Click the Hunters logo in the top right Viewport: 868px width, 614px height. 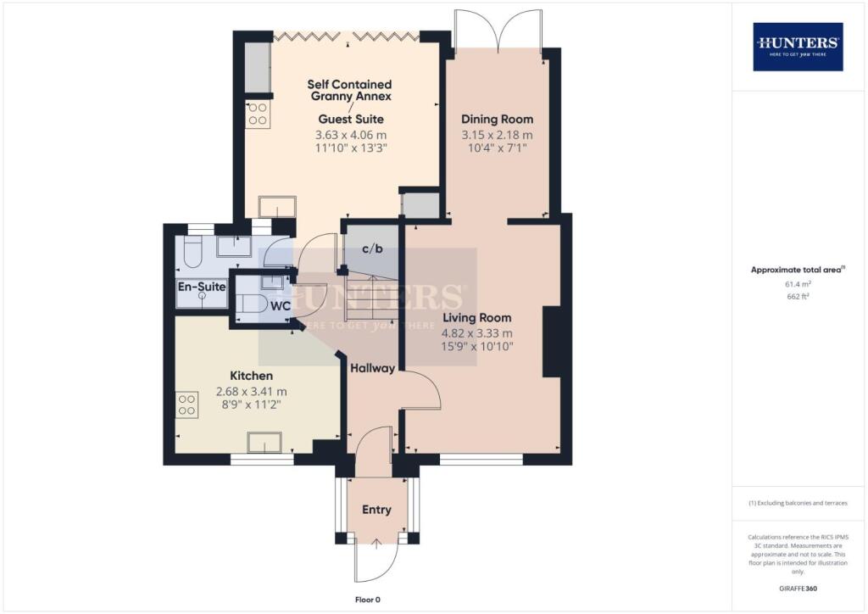[x=798, y=47]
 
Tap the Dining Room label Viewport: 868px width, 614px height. [x=497, y=120]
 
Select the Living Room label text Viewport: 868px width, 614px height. [x=477, y=319]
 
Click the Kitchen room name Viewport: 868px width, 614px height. [x=251, y=376]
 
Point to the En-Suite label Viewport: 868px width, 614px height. [x=202, y=287]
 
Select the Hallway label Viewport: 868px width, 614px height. [x=373, y=368]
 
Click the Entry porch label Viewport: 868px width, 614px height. [x=376, y=510]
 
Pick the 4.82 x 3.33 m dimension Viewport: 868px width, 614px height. [x=477, y=332]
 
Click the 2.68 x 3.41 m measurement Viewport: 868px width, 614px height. [x=252, y=391]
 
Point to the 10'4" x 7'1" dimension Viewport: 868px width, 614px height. [x=497, y=148]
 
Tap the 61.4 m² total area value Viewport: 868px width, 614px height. [x=797, y=285]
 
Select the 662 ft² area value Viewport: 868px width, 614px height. [x=797, y=298]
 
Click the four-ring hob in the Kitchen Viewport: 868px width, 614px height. [x=186, y=404]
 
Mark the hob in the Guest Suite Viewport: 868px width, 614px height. [x=257, y=114]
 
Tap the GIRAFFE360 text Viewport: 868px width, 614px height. [x=797, y=588]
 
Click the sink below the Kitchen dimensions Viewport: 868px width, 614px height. [x=264, y=442]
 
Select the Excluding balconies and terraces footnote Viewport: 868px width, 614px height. [x=797, y=503]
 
